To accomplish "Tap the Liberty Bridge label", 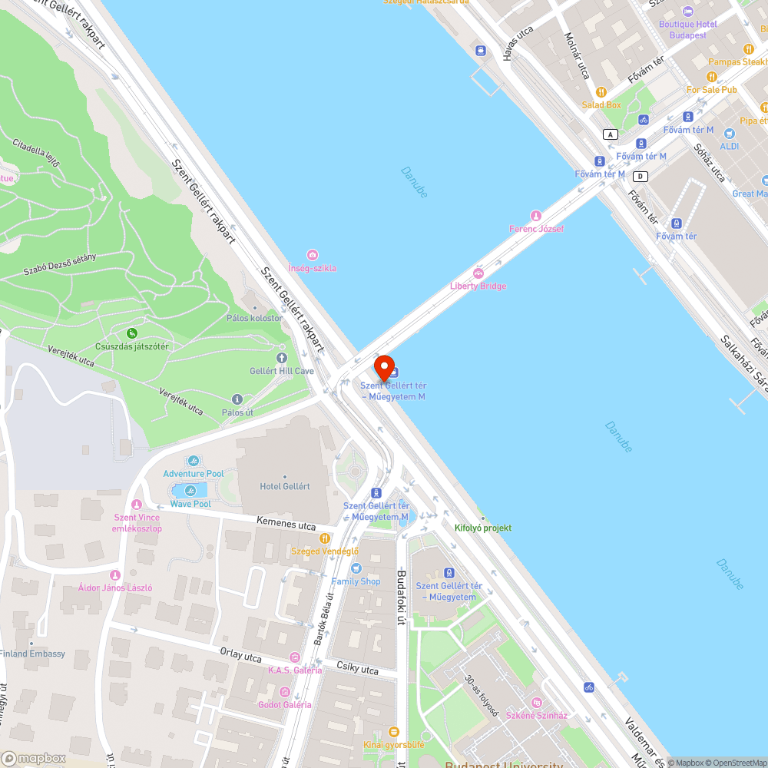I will tap(478, 286).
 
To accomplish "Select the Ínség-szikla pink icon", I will tap(312, 255).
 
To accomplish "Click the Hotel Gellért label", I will tap(285, 486).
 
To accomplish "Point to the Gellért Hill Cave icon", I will tap(281, 357).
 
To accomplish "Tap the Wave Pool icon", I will tap(190, 491).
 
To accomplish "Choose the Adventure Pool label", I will tap(194, 474).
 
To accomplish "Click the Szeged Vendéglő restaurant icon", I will tap(325, 538).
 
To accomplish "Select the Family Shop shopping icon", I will tap(356, 568).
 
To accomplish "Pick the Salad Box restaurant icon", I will tap(601, 92).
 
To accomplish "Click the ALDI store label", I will tap(729, 145).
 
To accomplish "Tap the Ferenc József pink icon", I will tap(536, 216).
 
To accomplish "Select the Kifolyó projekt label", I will tap(483, 528).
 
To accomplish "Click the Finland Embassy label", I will tap(32, 654).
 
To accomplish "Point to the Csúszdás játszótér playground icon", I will tap(133, 333).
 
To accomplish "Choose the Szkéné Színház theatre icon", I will tap(536, 703).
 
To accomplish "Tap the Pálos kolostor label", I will tap(254, 318).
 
